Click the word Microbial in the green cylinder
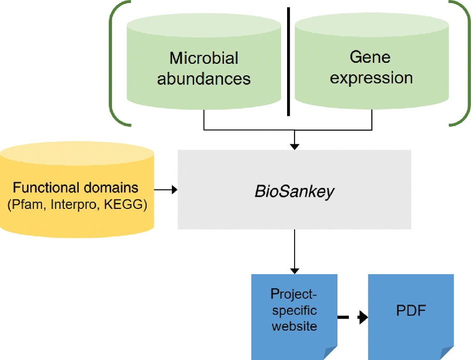click(x=204, y=58)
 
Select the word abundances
click(x=204, y=79)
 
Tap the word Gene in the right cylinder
click(x=370, y=57)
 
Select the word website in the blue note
click(x=294, y=327)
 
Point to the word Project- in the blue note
click(x=294, y=294)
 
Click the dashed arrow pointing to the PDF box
click(x=352, y=317)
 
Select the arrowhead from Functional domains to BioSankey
click(x=174, y=189)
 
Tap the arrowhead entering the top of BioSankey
click(x=295, y=146)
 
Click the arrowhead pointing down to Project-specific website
click(x=295, y=270)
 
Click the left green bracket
click(x=114, y=62)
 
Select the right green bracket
click(x=466, y=62)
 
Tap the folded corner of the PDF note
click(x=448, y=353)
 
